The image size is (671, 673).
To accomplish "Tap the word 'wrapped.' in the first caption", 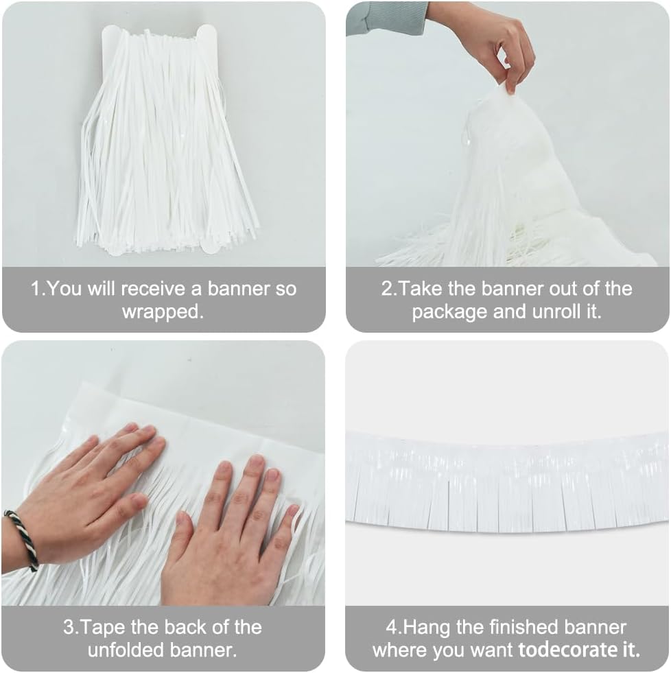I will pyautogui.click(x=163, y=312).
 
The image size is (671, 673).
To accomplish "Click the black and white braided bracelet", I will pyautogui.click(x=22, y=539).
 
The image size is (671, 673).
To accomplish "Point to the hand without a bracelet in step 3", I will pyautogui.click(x=230, y=535).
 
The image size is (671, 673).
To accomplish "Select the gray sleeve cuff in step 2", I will pyautogui.click(x=388, y=17).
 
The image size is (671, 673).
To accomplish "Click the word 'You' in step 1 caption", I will pyautogui.click(x=67, y=289).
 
